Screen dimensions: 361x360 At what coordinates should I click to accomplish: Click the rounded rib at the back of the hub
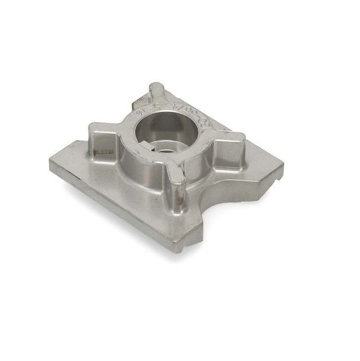coord(156,90)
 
